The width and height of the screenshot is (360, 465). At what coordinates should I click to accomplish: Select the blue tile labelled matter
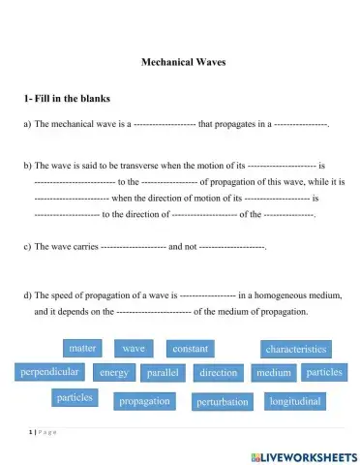click(82, 347)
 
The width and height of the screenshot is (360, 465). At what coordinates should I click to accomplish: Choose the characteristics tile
click(295, 349)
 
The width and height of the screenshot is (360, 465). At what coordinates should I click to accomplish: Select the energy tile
click(114, 372)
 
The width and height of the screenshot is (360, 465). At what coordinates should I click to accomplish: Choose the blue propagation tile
click(143, 400)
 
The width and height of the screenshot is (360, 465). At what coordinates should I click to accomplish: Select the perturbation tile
click(222, 401)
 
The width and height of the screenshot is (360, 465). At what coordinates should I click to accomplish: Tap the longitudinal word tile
click(296, 399)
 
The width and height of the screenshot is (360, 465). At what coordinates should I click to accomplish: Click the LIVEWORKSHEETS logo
click(303, 454)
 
